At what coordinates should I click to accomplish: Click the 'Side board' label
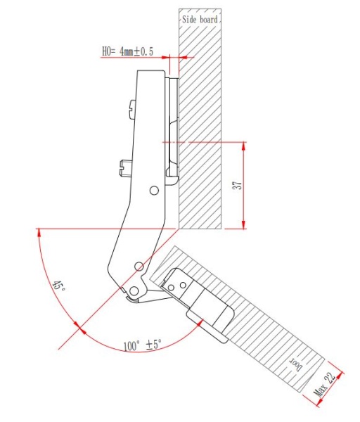pyautogui.click(x=201, y=20)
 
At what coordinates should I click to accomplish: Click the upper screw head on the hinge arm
pyautogui.click(x=134, y=108)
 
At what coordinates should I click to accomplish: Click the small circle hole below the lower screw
pyautogui.click(x=153, y=190)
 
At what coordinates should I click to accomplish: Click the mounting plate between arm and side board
pyautogui.click(x=173, y=127)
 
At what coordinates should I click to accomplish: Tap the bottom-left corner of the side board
pyautogui.click(x=179, y=228)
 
